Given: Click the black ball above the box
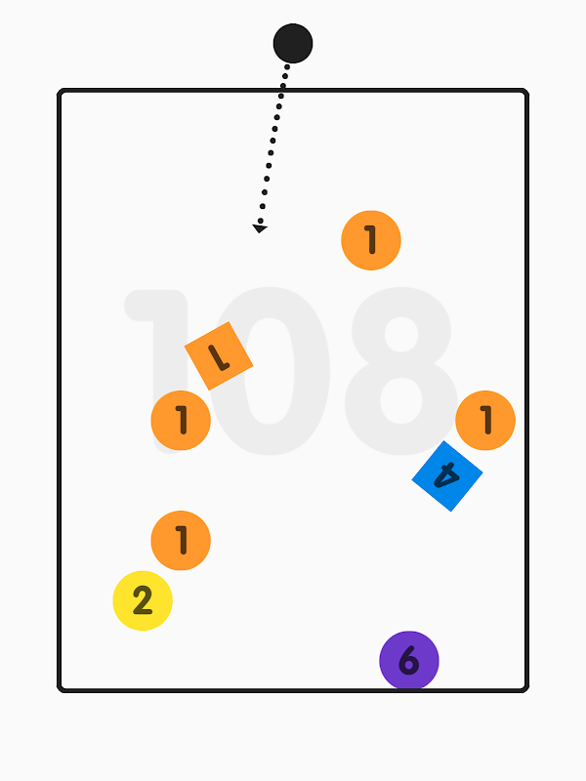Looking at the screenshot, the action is pyautogui.click(x=293, y=43).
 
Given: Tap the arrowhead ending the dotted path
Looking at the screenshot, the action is pyautogui.click(x=260, y=228).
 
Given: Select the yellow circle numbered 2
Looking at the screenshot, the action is pyautogui.click(x=143, y=600).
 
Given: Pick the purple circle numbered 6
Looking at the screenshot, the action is pyautogui.click(x=409, y=661).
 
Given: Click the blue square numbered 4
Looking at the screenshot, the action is pyautogui.click(x=447, y=476).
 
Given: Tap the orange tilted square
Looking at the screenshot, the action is pyautogui.click(x=219, y=356).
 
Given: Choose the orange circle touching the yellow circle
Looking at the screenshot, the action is pyautogui.click(x=181, y=541).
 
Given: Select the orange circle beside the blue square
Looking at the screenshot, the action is pyautogui.click(x=485, y=421).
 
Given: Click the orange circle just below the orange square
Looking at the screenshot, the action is pyautogui.click(x=181, y=421).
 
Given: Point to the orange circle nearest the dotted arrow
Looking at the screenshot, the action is pyautogui.click(x=371, y=240).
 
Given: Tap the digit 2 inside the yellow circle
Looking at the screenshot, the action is pyautogui.click(x=143, y=600).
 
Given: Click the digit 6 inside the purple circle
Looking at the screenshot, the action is pyautogui.click(x=408, y=660).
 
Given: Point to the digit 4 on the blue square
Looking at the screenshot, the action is pyautogui.click(x=446, y=475).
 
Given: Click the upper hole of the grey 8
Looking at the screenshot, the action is pyautogui.click(x=401, y=334).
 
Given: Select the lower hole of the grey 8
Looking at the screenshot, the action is pyautogui.click(x=401, y=400).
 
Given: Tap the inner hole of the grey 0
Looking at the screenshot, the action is pyautogui.click(x=270, y=371).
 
